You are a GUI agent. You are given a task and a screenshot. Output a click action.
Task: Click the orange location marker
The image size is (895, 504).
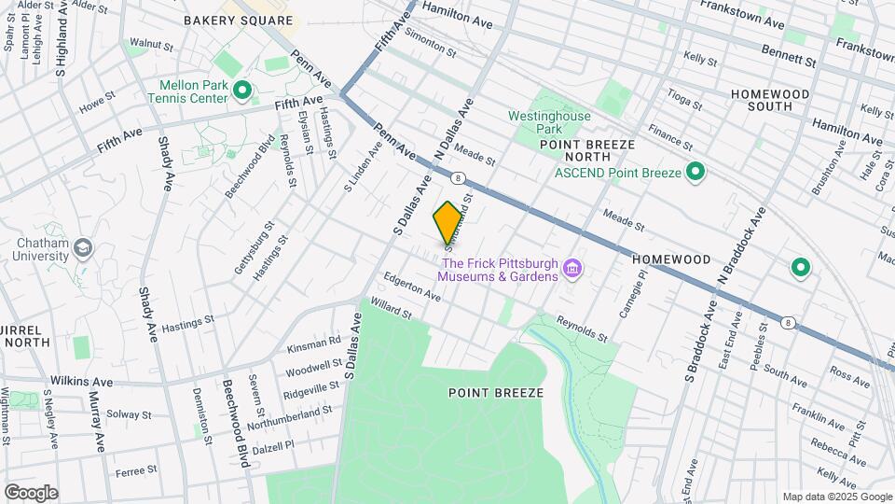click(x=447, y=222)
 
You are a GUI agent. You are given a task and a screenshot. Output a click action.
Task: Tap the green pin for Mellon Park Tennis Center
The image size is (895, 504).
click(x=242, y=91)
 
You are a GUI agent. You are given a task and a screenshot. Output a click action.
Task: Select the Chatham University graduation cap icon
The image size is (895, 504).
click(x=84, y=247)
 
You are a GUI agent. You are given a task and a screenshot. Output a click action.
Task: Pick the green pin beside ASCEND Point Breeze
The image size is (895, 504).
click(x=695, y=172)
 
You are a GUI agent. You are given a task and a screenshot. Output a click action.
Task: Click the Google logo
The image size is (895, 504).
click(x=31, y=493)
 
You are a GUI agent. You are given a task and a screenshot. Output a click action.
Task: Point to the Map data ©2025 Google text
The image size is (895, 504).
click(x=836, y=497)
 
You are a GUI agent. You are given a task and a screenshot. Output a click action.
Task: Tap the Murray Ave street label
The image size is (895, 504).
click(x=97, y=423)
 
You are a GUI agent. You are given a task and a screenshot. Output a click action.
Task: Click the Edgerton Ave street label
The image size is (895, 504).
click(x=412, y=286)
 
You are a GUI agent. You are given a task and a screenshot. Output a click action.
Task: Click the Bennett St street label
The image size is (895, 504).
click(x=788, y=55)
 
